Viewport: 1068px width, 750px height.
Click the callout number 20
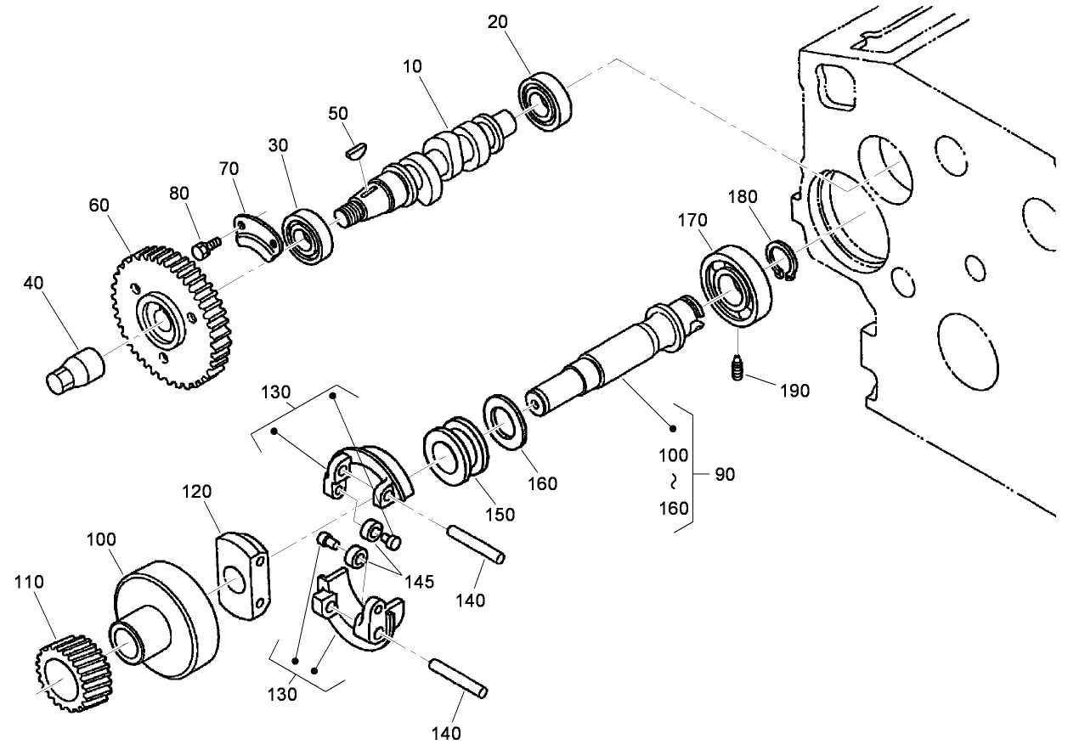[498, 23]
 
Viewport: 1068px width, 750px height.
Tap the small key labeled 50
[356, 149]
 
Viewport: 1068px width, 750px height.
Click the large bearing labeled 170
[736, 285]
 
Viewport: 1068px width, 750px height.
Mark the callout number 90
[724, 474]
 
